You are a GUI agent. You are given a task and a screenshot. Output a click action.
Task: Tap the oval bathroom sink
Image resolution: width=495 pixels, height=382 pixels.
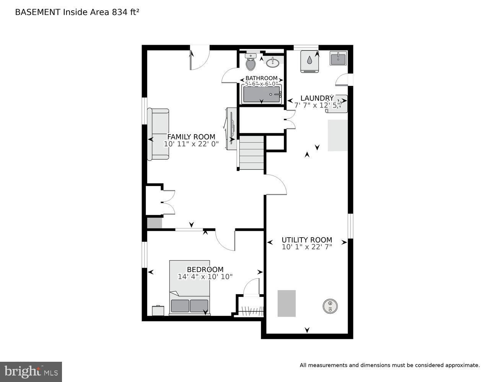273,62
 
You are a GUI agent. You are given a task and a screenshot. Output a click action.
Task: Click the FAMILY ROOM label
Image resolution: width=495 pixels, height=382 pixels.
191,137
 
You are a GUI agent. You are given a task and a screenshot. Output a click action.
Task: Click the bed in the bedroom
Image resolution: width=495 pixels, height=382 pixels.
190,288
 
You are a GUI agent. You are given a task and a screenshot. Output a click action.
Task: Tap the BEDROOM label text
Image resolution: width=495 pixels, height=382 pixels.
205,269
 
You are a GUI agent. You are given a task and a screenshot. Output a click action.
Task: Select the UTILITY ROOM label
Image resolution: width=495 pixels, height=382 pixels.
307,240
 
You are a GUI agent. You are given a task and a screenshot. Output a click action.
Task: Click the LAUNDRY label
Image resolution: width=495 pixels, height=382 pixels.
317,98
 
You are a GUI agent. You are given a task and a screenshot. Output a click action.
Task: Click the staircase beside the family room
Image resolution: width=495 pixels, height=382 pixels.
252,152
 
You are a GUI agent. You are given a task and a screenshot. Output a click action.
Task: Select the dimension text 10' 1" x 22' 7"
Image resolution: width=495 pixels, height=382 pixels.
307,247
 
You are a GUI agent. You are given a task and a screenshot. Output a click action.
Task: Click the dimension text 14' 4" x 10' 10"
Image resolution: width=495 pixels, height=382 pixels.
205,277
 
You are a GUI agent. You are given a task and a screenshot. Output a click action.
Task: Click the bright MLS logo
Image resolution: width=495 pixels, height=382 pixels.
31,372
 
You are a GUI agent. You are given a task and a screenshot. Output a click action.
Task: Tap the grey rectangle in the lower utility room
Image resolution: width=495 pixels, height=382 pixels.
287,303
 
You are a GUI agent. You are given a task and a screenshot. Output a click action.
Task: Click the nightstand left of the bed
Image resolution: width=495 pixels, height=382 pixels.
158,311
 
